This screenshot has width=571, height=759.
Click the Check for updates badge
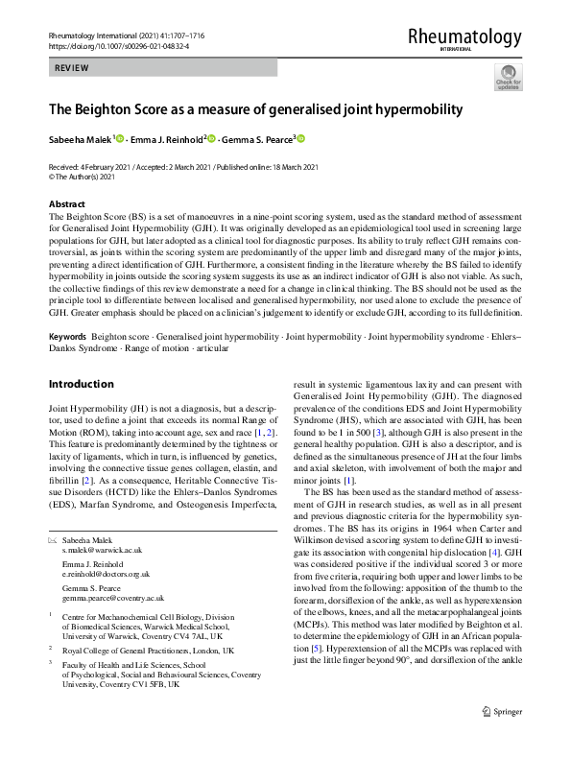click(507, 78)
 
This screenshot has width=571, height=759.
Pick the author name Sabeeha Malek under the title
click(81, 140)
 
